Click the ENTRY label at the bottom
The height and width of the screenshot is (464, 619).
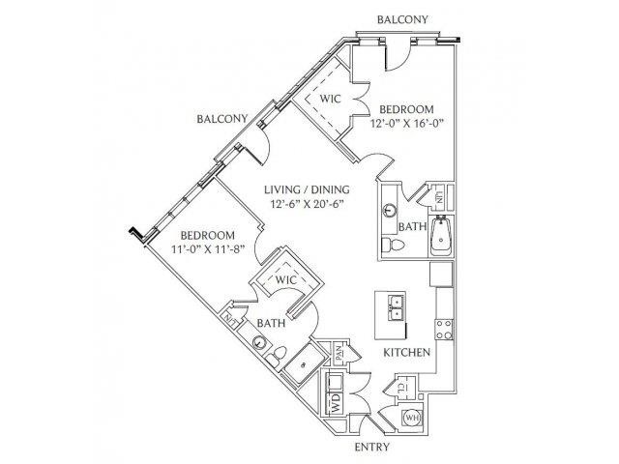pyautogui.click(x=371, y=447)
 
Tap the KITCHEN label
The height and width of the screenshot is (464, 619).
pyautogui.click(x=406, y=352)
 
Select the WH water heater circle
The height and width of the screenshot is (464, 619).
pyautogui.click(x=412, y=418)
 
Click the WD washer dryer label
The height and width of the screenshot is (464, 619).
pyautogui.click(x=337, y=403)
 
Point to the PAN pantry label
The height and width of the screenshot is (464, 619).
pyautogui.click(x=339, y=354)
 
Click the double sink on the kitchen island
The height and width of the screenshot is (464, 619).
pyautogui.click(x=396, y=308)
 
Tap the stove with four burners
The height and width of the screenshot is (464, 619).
pyautogui.click(x=444, y=330)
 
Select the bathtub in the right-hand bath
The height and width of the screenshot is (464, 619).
pyautogui.click(x=441, y=236)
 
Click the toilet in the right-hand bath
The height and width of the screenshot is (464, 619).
pyautogui.click(x=394, y=245)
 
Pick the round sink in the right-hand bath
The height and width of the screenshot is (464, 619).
pyautogui.click(x=390, y=211)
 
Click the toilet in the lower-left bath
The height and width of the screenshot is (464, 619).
pyautogui.click(x=276, y=355)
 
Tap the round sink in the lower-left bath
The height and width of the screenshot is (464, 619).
pyautogui.click(x=258, y=341)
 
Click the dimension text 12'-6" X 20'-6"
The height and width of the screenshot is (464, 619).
pyautogui.click(x=307, y=204)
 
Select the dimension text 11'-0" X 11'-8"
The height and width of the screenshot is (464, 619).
pyautogui.click(x=208, y=249)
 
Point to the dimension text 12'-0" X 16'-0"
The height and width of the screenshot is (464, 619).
pyautogui.click(x=406, y=123)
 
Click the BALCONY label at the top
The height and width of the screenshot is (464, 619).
pyautogui.click(x=402, y=19)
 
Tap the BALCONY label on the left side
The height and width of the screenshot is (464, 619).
pyautogui.click(x=222, y=118)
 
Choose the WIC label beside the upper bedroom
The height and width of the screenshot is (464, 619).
pyautogui.click(x=330, y=99)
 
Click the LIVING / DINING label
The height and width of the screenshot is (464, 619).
pyautogui.click(x=307, y=189)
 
